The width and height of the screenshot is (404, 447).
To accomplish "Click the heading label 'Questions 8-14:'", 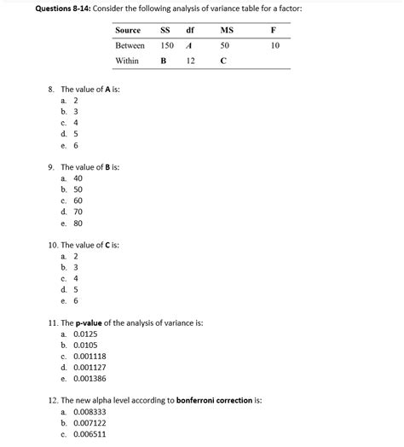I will coord(42,8).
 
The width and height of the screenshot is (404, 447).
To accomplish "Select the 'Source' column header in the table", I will coord(128,30).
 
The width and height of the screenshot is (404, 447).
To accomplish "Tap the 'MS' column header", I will coord(226,30).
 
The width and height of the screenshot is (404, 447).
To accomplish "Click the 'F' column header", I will coord(274,30).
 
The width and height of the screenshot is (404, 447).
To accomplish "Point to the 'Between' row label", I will coord(130,45).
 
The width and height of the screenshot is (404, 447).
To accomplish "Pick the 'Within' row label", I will coord(128,61).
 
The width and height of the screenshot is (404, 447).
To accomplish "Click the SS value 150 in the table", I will coord(167,45).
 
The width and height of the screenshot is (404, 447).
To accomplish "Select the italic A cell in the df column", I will coord(188,45).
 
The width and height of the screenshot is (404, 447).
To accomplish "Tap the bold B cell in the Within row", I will coord(163,61).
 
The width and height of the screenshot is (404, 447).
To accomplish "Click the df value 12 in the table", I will coord(190,61).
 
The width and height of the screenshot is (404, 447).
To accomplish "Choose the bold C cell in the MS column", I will coord(223,61).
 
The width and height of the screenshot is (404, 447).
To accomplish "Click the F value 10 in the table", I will coord(274,45).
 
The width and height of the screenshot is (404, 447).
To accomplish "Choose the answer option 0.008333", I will coord(88,411).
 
